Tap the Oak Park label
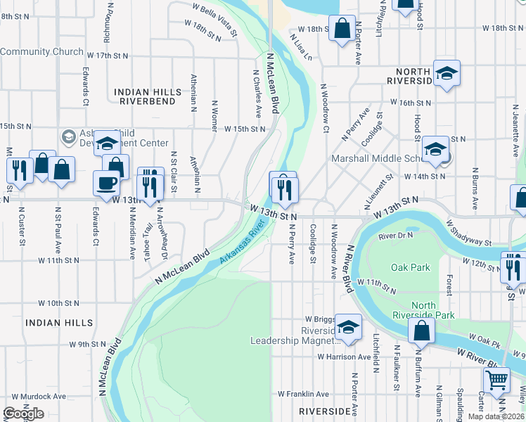(x=410, y=267)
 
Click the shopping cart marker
(x=497, y=380)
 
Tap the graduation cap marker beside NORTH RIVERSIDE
(x=446, y=73)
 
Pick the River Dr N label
(x=394, y=236)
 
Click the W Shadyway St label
(x=468, y=232)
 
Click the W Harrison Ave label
(x=343, y=357)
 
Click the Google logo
(x=23, y=414)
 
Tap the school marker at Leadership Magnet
(x=347, y=326)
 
